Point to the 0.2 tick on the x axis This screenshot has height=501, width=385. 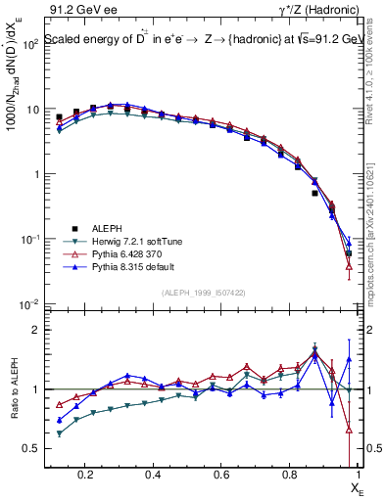click(88, 474)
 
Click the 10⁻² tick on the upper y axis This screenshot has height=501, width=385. click(30, 304)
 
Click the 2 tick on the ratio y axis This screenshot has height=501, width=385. click(33, 330)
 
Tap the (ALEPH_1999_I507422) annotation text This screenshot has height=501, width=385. click(203, 293)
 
